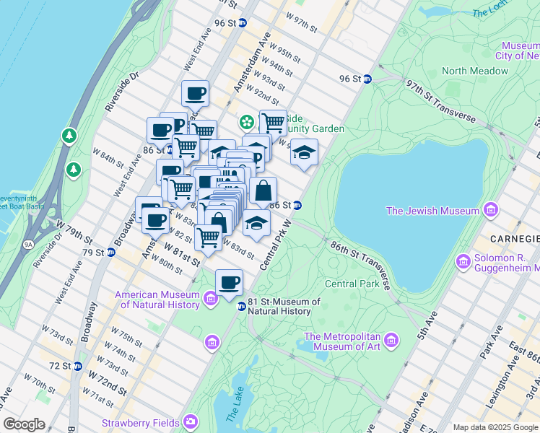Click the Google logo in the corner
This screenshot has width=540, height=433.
(24, 424)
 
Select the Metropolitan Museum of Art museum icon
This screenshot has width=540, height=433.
(391, 339)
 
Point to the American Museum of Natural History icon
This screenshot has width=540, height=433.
(211, 298)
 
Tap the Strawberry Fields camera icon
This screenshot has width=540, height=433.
(191, 421)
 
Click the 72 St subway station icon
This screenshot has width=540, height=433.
(77, 366)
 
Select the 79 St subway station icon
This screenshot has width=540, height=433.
(110, 253)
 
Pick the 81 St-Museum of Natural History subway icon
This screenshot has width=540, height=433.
(242, 307)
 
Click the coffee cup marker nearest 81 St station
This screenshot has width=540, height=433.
(230, 281)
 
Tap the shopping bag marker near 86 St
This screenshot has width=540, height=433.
(264, 191)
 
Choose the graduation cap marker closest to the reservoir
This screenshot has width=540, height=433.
(305, 152)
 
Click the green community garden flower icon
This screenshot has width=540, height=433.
(247, 121)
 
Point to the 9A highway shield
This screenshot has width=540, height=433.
(29, 245)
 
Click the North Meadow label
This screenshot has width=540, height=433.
(474, 71)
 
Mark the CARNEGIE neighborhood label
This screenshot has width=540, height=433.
(515, 239)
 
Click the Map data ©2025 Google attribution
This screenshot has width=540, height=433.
(495, 427)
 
